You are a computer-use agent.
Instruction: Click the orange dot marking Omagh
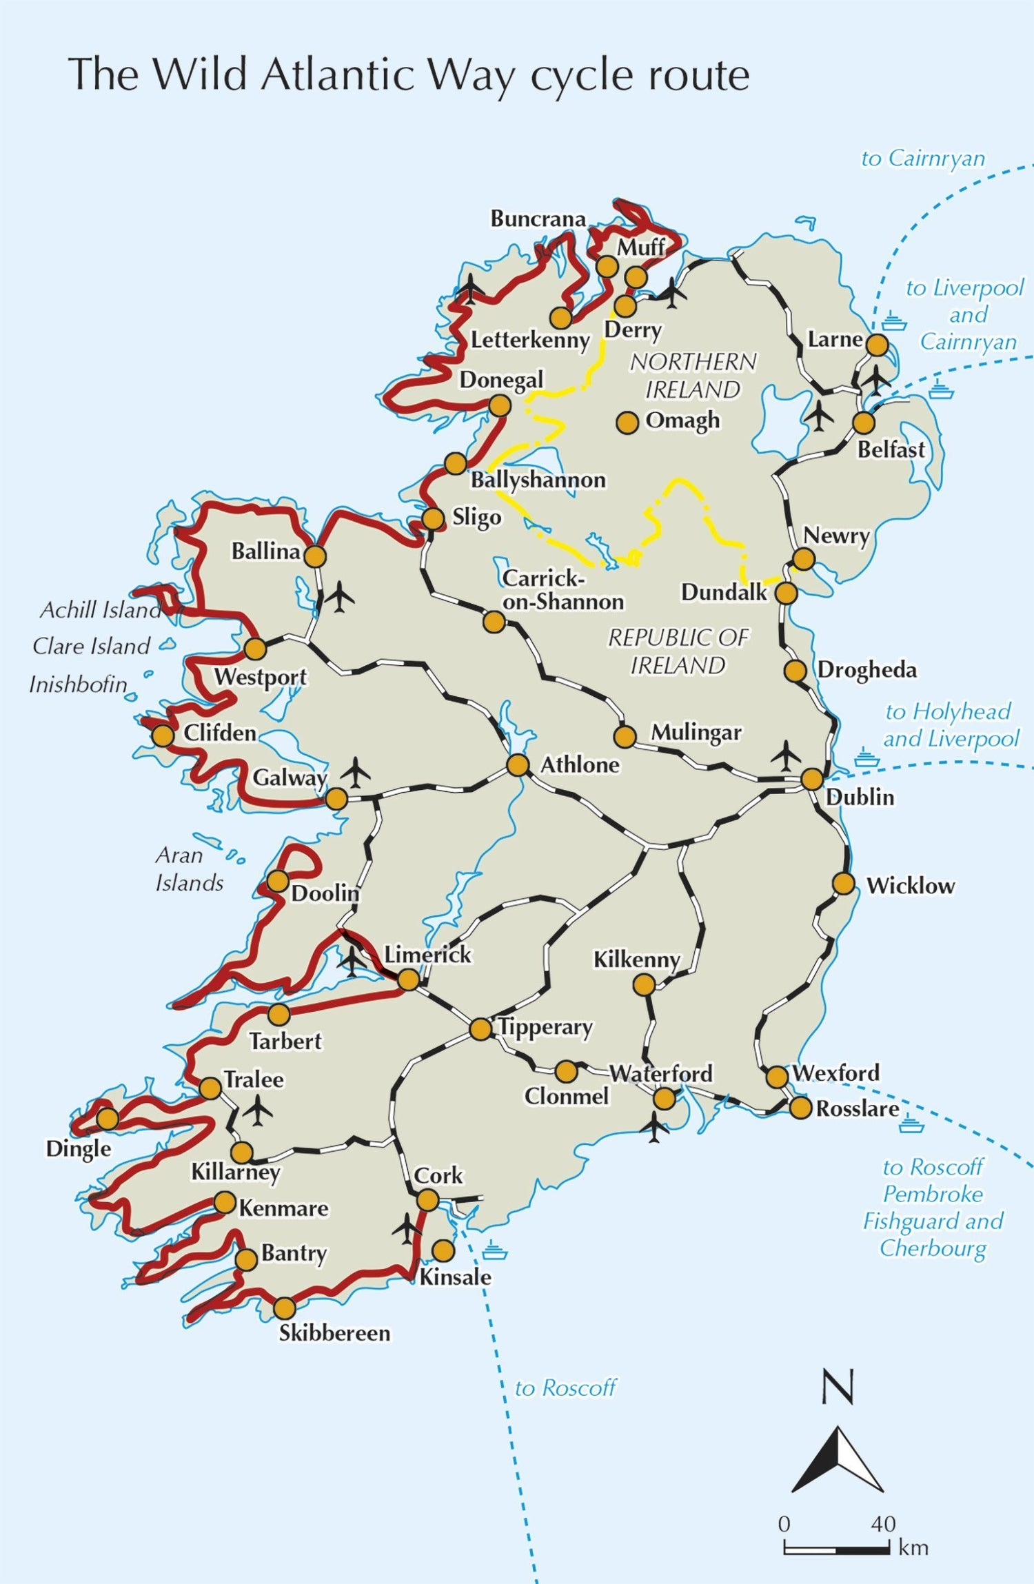click(627, 423)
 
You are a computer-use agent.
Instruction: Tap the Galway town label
click(290, 778)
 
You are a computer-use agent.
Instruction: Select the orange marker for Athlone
click(518, 764)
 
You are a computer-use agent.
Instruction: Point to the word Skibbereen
click(334, 1332)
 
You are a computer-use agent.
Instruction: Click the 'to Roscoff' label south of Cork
click(565, 1388)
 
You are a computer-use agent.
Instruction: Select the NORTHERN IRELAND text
click(693, 376)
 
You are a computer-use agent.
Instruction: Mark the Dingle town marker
click(107, 1118)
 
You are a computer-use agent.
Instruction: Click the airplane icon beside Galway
click(355, 772)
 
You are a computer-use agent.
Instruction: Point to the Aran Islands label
click(187, 869)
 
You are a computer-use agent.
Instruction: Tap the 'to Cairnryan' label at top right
click(922, 158)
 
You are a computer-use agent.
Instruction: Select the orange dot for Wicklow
click(844, 883)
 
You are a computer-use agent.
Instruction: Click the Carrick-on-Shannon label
click(562, 590)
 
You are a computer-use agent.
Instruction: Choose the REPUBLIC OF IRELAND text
click(678, 651)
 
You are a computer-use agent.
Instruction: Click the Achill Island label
click(100, 609)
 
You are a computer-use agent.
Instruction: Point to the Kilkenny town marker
click(643, 985)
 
